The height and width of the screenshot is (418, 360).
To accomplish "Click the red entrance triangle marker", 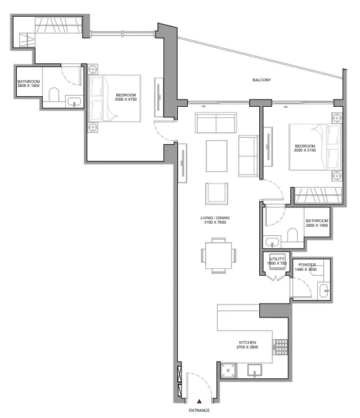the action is click(199, 401).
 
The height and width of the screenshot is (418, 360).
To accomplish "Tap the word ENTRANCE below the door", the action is click(199, 411).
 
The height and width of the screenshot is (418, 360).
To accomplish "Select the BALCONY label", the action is click(262, 80).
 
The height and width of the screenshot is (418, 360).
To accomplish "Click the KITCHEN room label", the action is click(247, 342).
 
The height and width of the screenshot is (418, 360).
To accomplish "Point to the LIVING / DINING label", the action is click(215, 218).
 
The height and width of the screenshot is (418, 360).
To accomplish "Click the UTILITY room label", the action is click(277, 259).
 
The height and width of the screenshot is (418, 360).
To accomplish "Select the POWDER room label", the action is click(307, 265).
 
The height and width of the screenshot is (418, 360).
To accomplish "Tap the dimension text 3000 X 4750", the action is click(126, 99).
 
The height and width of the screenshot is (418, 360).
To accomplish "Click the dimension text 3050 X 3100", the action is click(305, 150).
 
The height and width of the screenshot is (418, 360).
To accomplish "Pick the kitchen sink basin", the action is click(254, 370).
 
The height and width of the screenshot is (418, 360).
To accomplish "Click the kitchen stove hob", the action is click(280, 347).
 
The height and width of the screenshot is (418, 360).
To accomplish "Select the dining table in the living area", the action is click(219, 256).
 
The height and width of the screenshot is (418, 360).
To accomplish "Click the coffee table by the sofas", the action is click(217, 156).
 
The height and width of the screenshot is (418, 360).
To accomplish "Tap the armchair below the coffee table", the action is click(217, 194).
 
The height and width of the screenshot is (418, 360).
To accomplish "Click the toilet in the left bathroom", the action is click(54, 94).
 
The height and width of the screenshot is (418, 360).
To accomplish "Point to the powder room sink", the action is click(324, 291).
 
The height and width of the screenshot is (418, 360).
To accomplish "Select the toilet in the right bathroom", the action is click(292, 235).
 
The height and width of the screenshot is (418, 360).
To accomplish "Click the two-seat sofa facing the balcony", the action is click(216, 122).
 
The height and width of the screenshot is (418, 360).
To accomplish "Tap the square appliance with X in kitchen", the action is click(228, 371).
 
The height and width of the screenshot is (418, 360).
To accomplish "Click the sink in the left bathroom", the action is click(74, 102).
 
